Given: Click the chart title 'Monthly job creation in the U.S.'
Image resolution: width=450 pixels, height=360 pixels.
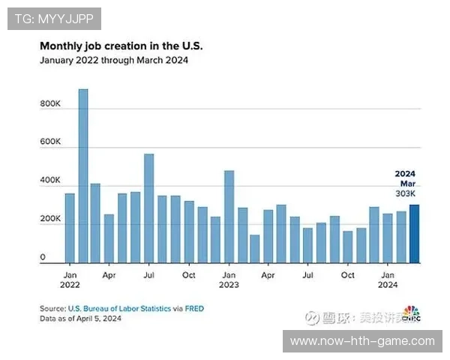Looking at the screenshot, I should (x=121, y=46).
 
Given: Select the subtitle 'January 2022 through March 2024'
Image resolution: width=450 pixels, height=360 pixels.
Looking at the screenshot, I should (x=114, y=61).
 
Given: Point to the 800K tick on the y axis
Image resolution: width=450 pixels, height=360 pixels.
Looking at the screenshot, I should (x=50, y=103).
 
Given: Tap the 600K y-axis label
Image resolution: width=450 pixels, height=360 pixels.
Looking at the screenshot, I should (x=50, y=142).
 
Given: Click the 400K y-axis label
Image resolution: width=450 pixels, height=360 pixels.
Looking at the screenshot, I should (x=50, y=181).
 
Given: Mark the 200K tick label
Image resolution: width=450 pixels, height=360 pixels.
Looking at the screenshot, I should (x=50, y=219).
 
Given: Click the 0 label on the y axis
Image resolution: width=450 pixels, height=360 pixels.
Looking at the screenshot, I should (x=43, y=257).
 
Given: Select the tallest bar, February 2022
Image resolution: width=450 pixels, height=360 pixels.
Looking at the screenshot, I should (x=83, y=176).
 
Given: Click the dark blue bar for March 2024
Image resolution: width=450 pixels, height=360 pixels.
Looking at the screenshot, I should (x=414, y=234).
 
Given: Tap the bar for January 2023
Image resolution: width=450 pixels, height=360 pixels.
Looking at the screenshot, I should (x=229, y=217).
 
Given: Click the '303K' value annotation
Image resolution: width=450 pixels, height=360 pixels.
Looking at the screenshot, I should (x=405, y=193).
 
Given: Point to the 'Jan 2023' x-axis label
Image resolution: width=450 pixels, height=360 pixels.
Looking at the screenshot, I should (x=229, y=280).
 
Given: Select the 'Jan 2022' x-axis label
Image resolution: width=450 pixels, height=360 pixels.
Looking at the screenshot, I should (x=70, y=280).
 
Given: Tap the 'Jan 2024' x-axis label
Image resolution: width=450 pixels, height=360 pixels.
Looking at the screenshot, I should (x=388, y=280).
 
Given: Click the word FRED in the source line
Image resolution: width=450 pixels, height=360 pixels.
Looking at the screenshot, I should (x=193, y=308).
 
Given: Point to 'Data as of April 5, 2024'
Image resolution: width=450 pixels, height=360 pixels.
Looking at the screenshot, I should (x=80, y=319).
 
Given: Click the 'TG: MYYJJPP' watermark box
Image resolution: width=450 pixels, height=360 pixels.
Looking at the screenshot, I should (x=53, y=18).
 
